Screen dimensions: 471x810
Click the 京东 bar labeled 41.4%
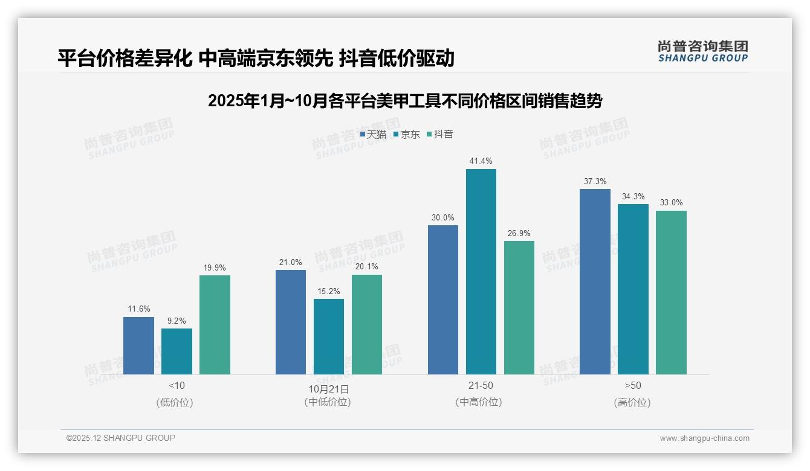pyautogui.click(x=481, y=272)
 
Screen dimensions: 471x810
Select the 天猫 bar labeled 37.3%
pyautogui.click(x=595, y=281)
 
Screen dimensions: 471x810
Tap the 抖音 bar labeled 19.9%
pyautogui.click(x=215, y=325)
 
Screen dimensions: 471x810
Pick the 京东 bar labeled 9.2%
pyautogui.click(x=177, y=351)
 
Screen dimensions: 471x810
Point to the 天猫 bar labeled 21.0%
pyautogui.click(x=291, y=322)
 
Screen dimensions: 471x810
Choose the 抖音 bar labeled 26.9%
pyautogui.click(x=519, y=307)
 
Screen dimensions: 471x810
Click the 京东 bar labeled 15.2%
pyautogui.click(x=329, y=336)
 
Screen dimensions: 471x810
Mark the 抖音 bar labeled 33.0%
pyautogui.click(x=671, y=292)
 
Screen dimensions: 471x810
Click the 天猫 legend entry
pyautogui.click(x=373, y=135)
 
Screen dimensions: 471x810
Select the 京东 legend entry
pyautogui.click(x=406, y=135)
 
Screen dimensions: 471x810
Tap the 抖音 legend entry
pyautogui.click(x=440, y=135)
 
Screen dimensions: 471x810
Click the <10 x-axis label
pyautogui.click(x=177, y=385)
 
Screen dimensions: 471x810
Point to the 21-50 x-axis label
pyautogui.click(x=481, y=385)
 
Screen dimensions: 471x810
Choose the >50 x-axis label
pyautogui.click(x=633, y=385)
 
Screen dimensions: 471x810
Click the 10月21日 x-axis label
pyautogui.click(x=329, y=389)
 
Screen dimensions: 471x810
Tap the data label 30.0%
pyautogui.click(x=442, y=217)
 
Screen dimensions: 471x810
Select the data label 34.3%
pyautogui.click(x=633, y=196)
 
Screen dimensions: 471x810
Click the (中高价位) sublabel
pyautogui.click(x=479, y=402)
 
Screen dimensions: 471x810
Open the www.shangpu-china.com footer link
pyautogui.click(x=704, y=438)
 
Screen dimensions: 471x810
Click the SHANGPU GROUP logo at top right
pyautogui.click(x=702, y=51)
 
